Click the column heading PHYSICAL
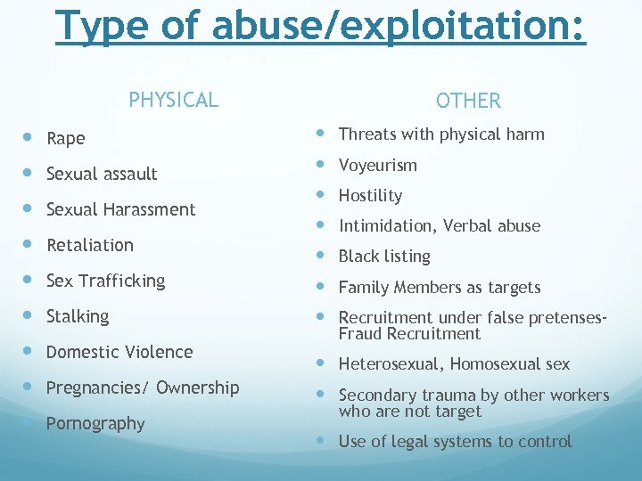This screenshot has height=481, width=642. pyautogui.click(x=173, y=99)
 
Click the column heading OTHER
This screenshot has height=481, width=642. pyautogui.click(x=468, y=101)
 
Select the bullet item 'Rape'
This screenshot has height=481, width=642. pyautogui.click(x=65, y=138)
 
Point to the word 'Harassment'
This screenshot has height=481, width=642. pyautogui.click(x=152, y=209)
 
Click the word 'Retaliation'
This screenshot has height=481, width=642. pyautogui.click(x=89, y=245)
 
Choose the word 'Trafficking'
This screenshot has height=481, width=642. pyautogui.click(x=121, y=281)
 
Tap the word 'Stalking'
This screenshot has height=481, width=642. pyautogui.click(x=78, y=316)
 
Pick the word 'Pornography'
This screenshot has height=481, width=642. pyautogui.click(x=95, y=424)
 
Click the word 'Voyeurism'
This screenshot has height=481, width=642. pyautogui.click(x=377, y=166)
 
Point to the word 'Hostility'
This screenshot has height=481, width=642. pyautogui.click(x=370, y=196)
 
